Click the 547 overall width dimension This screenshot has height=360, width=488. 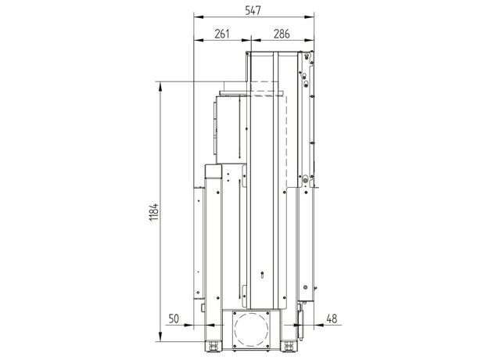(253, 11)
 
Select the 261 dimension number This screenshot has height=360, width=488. (222, 34)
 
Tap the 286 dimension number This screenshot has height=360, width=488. (282, 34)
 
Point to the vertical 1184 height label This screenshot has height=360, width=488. (154, 212)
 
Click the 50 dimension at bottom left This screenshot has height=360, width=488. (174, 319)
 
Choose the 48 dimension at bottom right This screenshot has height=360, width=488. (332, 319)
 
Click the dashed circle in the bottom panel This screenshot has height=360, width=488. (252, 329)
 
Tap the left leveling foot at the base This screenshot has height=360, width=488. (213, 346)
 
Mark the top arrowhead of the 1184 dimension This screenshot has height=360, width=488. (160, 86)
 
